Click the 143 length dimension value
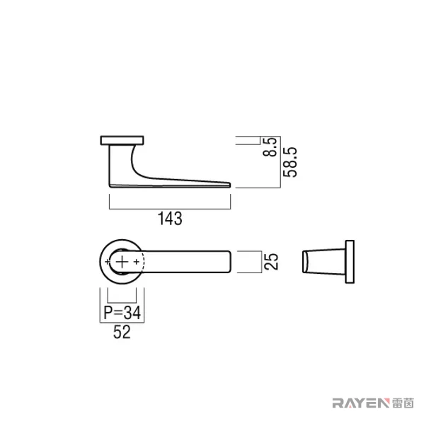click(170, 219)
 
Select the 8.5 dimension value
click(270, 147)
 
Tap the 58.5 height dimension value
click(290, 162)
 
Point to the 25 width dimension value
click(271, 262)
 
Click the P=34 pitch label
click(122, 313)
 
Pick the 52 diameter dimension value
click(122, 332)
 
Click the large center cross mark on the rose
click(122, 262)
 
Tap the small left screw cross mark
click(108, 262)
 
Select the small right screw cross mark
click(137, 262)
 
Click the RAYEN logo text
click(361, 403)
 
